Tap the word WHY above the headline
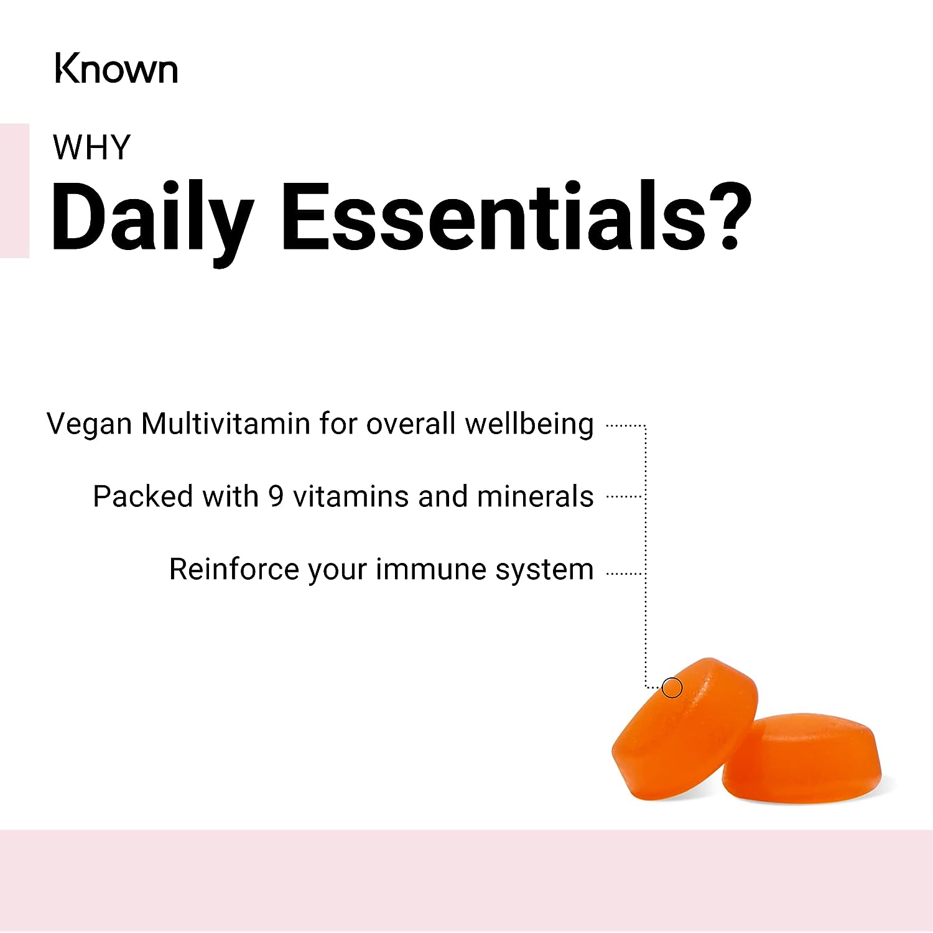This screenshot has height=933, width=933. click(x=91, y=147)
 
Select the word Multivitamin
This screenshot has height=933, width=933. click(x=226, y=424)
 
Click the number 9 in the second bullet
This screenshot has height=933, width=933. click(x=276, y=496)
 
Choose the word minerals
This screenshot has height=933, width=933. click(x=535, y=496)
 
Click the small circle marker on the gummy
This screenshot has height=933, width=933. click(x=672, y=687)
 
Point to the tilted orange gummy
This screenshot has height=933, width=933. click(x=684, y=728)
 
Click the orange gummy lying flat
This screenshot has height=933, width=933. click(x=802, y=759)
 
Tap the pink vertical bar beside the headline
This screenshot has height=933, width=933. click(x=14, y=190)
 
